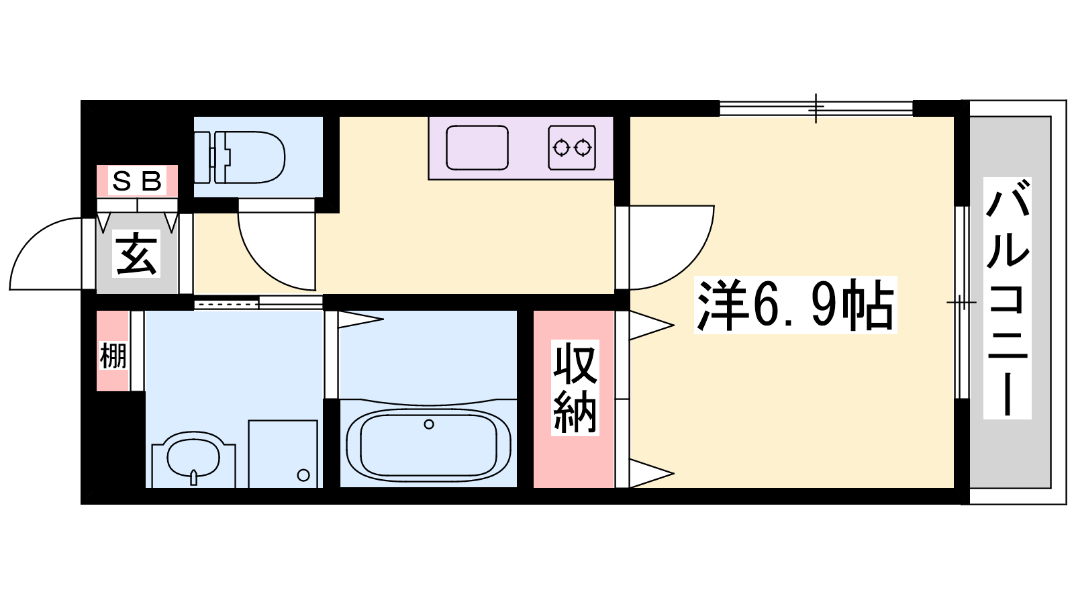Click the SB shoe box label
pos(137,181)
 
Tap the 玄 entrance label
pos(137,254)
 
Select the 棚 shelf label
pos(113,356)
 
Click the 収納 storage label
pos(575,388)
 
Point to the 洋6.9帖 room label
pos(795,305)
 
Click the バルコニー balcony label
pos(1008,298)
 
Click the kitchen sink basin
pos(477,148)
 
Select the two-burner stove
pos(572,148)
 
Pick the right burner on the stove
pos(583,148)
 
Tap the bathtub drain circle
pos(429,424)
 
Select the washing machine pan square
pos(283,454)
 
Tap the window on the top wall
pos(816,108)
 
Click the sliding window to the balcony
pos(961,303)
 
